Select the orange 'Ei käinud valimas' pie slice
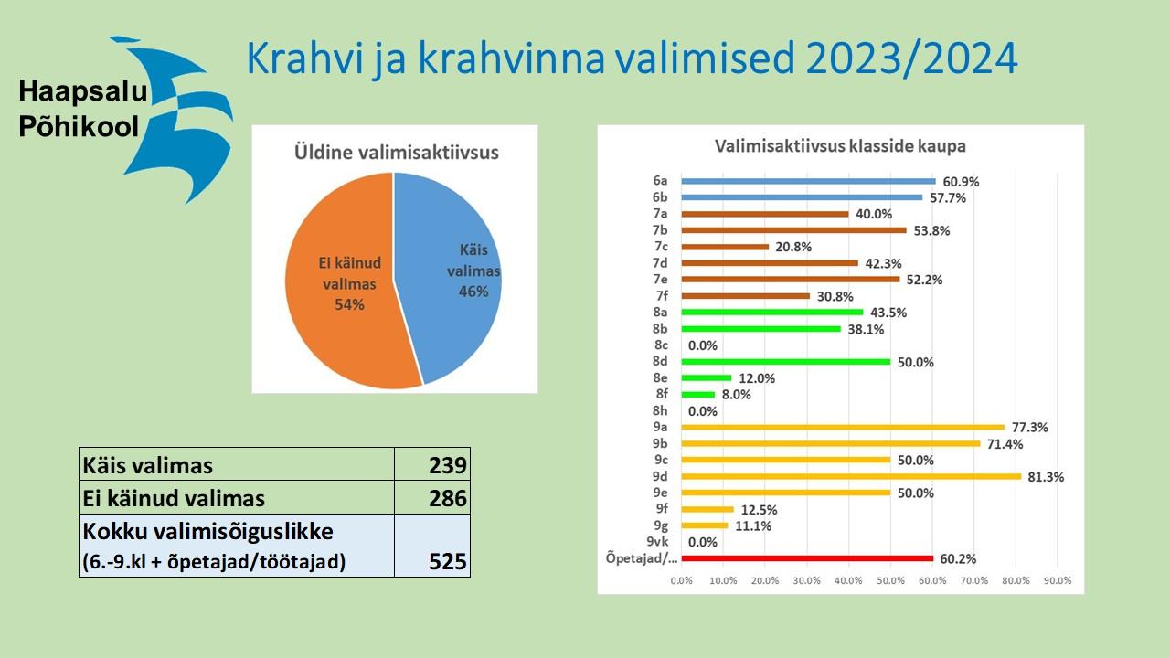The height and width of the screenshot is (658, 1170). pos(345,282)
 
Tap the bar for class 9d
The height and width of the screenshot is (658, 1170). pos(851,476)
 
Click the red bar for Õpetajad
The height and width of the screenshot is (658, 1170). pos(807,558)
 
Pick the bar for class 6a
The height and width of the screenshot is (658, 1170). pos(809,181)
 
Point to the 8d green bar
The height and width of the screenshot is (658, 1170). pos(785,361)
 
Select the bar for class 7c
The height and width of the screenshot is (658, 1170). pos(725,247)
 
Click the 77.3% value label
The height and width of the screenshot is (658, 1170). pos(1029,427)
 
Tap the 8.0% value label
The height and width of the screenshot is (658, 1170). pos(736,394)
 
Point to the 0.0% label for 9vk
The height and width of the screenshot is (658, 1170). pos(703,542)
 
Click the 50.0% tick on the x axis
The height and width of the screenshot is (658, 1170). pos(890,580)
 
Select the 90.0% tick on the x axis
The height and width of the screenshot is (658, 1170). pos(1058,580)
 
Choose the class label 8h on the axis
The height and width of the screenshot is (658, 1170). pos(660,410)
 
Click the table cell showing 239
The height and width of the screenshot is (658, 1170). pos(432,463)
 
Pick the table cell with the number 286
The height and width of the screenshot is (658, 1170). pos(432,497)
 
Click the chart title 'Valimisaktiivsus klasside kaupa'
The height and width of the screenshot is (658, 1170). pos(840,146)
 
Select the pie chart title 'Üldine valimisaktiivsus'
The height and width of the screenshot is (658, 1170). pos(396,153)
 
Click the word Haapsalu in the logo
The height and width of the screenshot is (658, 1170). pos(83,90)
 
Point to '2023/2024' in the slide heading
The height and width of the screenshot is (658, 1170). pos(911,58)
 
